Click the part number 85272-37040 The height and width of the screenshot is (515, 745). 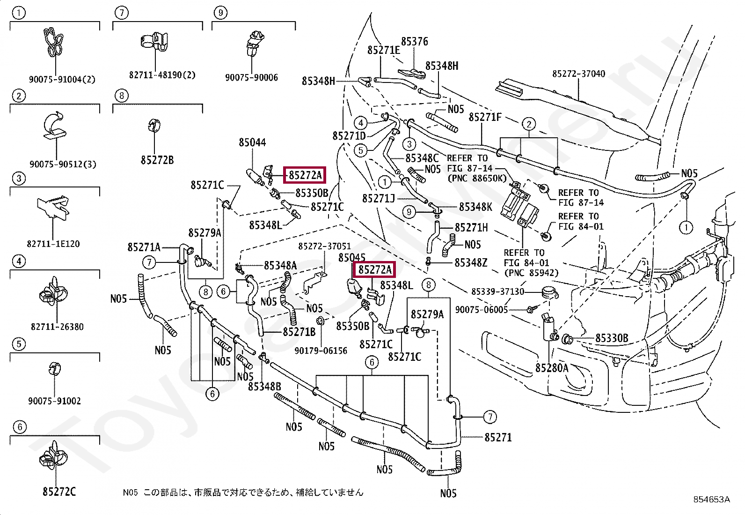click(x=578, y=74)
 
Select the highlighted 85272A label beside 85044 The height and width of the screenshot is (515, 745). click(x=305, y=175)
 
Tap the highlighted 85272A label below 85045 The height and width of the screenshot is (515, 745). click(x=374, y=269)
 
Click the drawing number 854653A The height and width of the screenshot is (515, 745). click(x=711, y=499)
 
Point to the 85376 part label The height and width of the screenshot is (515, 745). click(x=414, y=42)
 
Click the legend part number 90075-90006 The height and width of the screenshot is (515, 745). click(x=251, y=77)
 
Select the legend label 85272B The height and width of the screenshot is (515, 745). click(x=157, y=160)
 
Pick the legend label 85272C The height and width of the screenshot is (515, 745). click(x=59, y=492)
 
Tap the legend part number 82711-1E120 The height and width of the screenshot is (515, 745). click(x=53, y=244)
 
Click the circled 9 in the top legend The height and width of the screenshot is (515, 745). click(x=220, y=13)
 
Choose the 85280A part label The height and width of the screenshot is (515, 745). click(x=552, y=368)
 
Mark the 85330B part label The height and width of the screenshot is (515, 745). click(x=612, y=338)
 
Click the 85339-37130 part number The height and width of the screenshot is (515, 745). click(x=497, y=291)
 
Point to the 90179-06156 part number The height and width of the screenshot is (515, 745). click(x=321, y=351)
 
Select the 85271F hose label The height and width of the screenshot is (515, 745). click(x=485, y=117)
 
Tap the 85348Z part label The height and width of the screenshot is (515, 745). click(x=471, y=263)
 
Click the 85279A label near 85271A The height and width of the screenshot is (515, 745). click(x=205, y=233)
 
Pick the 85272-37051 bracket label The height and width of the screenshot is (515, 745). click(x=324, y=246)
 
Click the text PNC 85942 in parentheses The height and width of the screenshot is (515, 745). click(x=531, y=273)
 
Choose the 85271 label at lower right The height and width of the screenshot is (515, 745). click(x=498, y=437)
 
